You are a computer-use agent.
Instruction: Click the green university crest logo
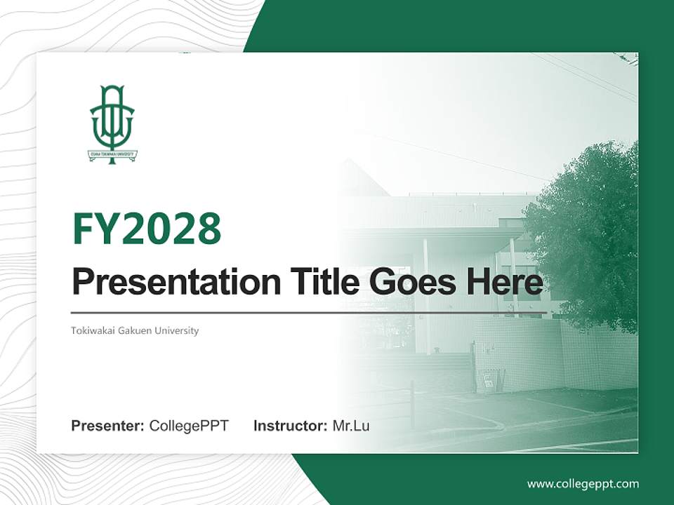coord(112,123)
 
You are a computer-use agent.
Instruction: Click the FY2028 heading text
coord(147,228)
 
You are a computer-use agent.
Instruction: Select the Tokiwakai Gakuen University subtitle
coord(135,330)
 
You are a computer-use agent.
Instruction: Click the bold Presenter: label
coord(108,426)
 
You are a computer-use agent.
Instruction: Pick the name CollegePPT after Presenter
coord(189,426)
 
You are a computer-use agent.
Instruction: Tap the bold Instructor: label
coord(291,426)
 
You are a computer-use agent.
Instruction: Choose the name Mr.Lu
coord(351,426)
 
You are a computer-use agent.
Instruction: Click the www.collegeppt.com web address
coord(583,484)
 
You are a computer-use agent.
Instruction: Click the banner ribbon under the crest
coord(112,154)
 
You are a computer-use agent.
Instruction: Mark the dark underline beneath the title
coord(309,312)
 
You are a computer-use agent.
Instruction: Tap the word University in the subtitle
coord(178,330)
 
